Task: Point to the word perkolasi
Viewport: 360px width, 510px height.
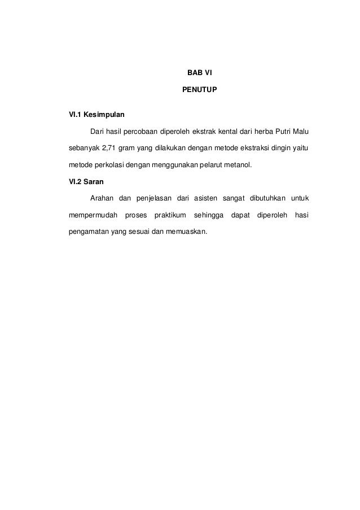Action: point(110,165)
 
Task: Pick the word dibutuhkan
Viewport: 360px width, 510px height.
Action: point(261,198)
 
